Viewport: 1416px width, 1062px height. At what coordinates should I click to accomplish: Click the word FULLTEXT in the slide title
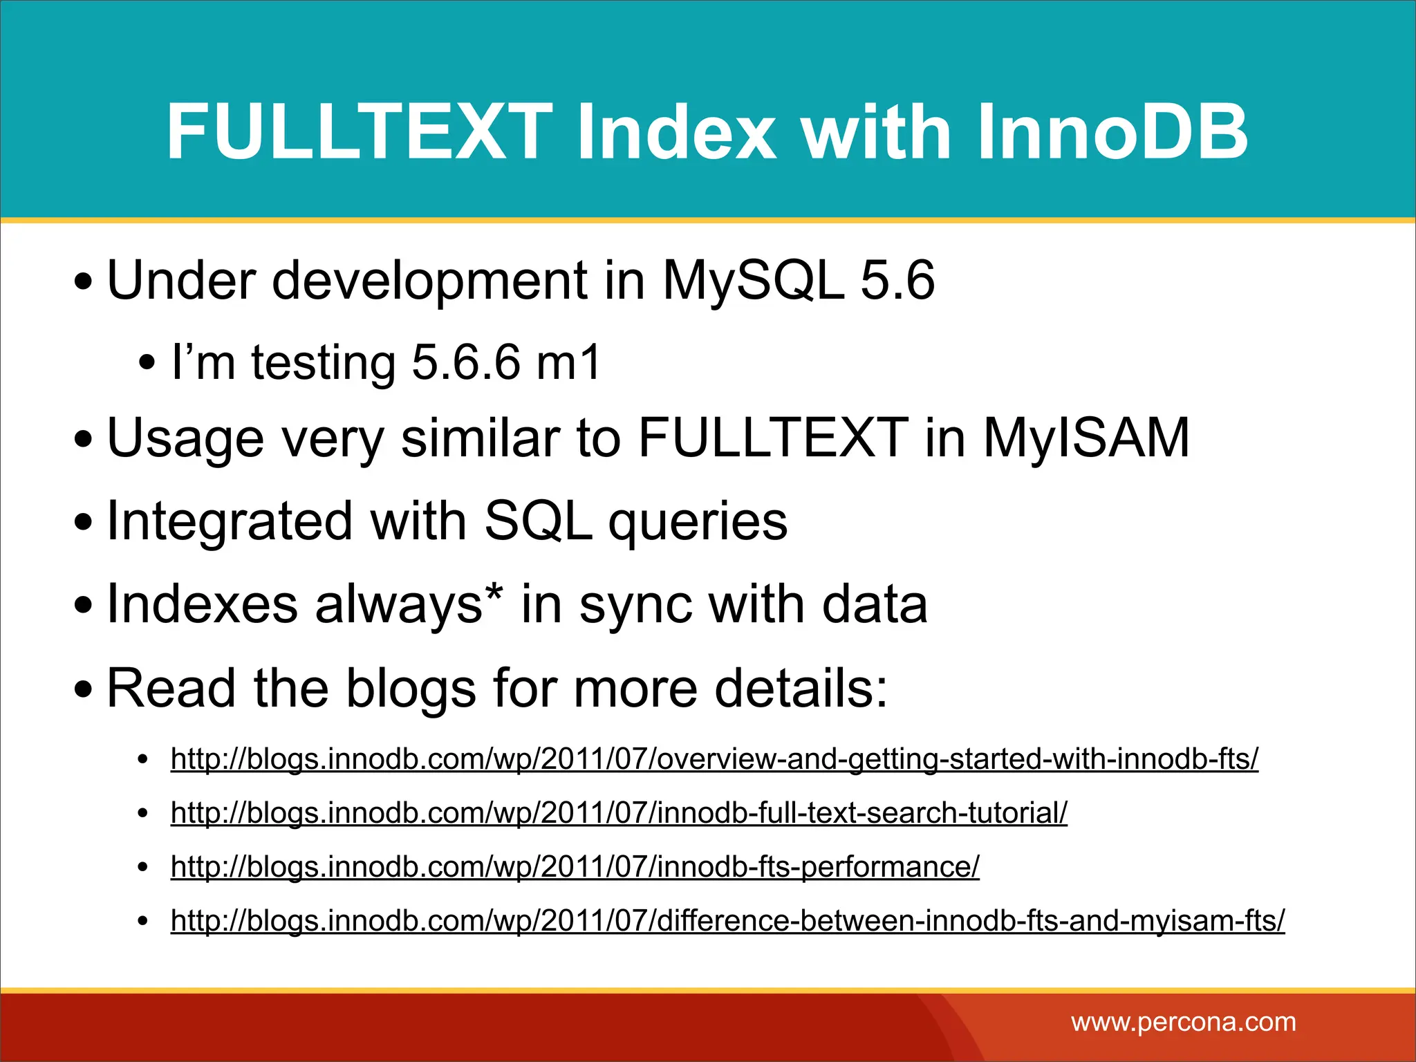(x=360, y=131)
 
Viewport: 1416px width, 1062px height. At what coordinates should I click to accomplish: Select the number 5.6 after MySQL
(x=897, y=280)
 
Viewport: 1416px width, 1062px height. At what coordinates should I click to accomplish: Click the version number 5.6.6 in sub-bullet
(x=465, y=362)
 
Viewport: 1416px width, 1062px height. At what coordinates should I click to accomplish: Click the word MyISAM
(x=1086, y=438)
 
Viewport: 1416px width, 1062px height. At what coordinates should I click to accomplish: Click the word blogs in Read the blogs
(x=411, y=689)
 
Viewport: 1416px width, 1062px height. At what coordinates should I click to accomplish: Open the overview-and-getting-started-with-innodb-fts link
(x=714, y=759)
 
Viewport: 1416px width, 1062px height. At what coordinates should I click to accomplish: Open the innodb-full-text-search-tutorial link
(x=619, y=813)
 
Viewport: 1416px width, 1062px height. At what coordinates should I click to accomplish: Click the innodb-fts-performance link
(x=575, y=867)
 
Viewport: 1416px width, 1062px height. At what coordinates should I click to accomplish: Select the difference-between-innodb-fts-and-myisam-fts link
(x=727, y=921)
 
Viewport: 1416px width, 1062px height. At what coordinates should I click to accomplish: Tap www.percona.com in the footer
(x=1183, y=1022)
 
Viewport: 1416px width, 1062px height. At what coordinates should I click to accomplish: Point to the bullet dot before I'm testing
(x=147, y=363)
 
